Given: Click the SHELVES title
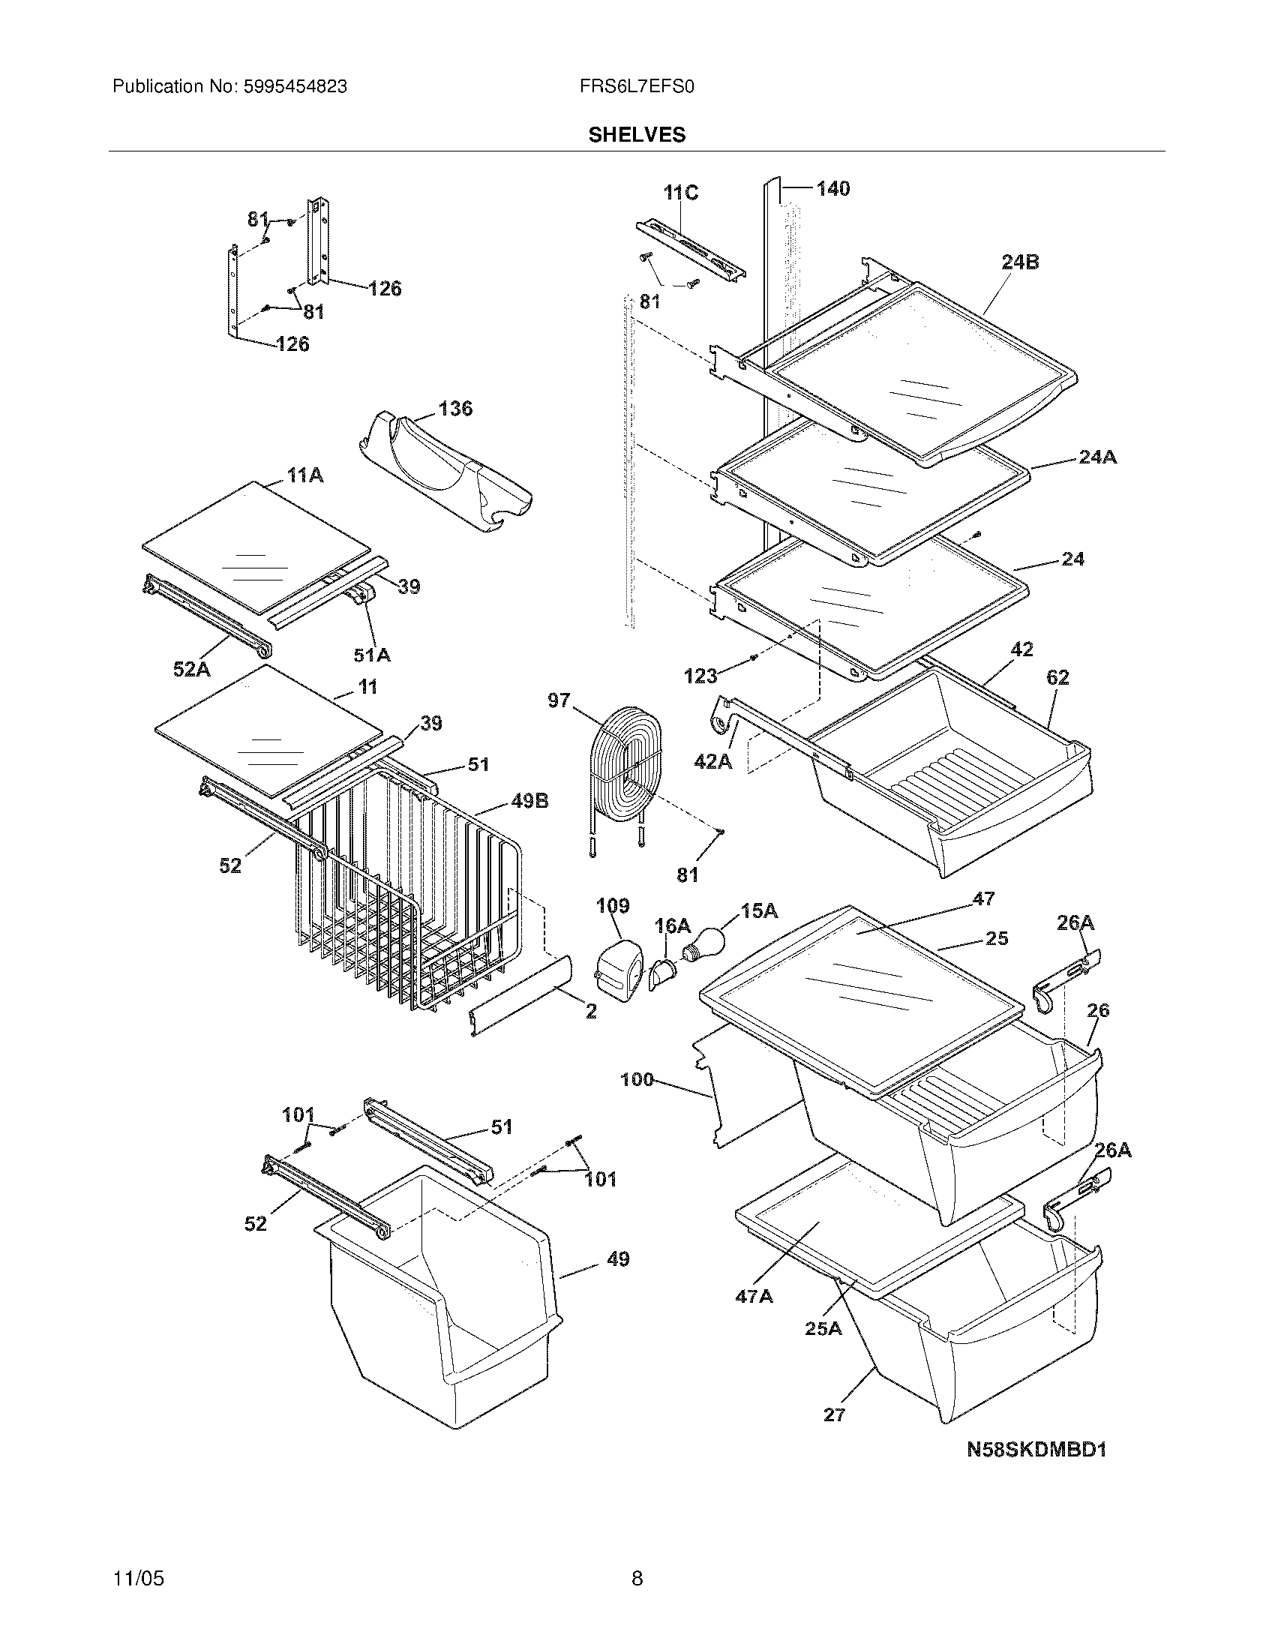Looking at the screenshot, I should point(637,135).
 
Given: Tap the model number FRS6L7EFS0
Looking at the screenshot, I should point(637,87).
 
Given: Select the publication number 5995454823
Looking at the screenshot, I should point(295,87).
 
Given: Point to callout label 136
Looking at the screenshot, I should point(455,409).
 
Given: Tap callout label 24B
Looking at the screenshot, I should point(1020,262).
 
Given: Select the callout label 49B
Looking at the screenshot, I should point(529,801).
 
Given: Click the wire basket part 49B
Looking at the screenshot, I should point(408,892).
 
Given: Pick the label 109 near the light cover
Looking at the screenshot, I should point(613,906).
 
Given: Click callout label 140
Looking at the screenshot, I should point(832,188).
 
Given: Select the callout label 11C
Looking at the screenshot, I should point(680,193).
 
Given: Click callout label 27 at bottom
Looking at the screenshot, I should point(834,1414).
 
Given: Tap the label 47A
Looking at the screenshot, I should point(754,1297).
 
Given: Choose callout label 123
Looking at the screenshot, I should point(700,676).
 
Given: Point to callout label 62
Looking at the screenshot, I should point(1057,678).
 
